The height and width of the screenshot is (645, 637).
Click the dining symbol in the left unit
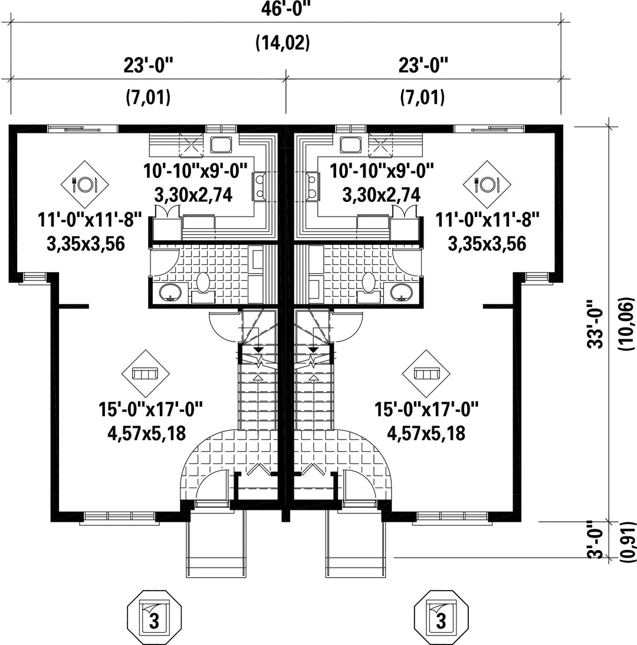[85, 184]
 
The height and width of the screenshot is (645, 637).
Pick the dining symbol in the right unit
[487, 184]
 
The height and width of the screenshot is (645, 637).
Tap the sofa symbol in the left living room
[146, 374]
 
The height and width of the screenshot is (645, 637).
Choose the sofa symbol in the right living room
[426, 374]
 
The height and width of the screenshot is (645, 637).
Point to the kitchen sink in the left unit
[222, 145]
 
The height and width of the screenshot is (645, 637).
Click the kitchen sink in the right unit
[350, 145]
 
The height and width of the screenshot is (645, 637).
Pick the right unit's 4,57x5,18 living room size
[426, 433]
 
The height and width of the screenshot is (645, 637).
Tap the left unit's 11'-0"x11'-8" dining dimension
[90, 220]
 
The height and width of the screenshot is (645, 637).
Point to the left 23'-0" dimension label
[149, 65]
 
